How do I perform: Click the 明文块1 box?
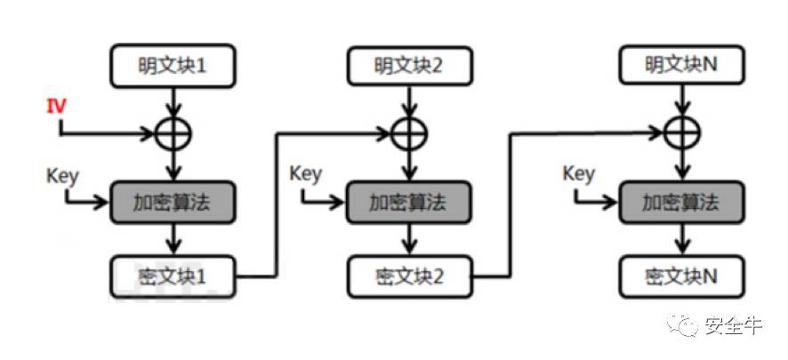coord(173,64)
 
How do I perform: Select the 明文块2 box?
coord(408,64)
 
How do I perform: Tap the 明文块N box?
coord(681,64)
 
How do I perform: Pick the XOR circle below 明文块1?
coord(173,133)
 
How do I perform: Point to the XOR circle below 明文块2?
coord(408,133)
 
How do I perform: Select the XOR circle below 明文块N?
coord(681,133)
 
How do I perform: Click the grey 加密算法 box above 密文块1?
coord(173,203)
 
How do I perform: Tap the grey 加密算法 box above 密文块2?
coord(408,203)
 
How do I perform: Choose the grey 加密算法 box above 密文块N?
coord(681,203)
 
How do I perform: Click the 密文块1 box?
coord(173,276)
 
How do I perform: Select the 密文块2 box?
coord(408,276)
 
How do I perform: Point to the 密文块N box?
coord(681,276)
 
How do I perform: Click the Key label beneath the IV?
coord(61,172)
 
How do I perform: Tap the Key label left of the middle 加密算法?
coord(306,172)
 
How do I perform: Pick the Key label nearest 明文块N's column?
coord(579,172)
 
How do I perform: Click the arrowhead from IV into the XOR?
coord(149,134)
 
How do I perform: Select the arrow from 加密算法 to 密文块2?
coord(408,238)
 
